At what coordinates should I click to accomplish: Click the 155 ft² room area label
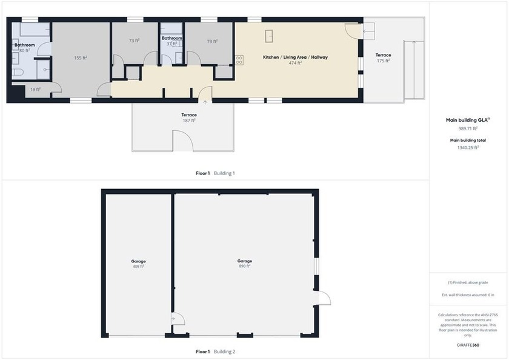coord(81,58)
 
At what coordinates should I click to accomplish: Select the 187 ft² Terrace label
coord(189,118)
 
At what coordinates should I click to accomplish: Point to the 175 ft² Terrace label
coord(383,58)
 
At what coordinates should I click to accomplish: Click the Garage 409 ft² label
coord(138,264)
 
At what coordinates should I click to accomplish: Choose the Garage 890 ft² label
coord(244,263)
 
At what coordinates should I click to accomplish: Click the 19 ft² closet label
coord(35,89)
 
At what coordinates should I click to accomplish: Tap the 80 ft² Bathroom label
coord(25,48)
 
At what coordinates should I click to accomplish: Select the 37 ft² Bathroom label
coord(171,41)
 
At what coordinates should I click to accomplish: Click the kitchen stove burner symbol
coord(239,60)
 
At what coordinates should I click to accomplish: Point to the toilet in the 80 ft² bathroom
coord(18,72)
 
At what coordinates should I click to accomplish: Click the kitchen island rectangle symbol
coord(269,36)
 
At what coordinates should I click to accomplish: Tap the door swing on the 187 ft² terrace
coord(183,141)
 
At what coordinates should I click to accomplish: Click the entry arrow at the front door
coord(205,102)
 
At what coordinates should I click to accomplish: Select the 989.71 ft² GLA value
coord(468,128)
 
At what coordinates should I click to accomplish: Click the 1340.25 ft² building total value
coord(468,147)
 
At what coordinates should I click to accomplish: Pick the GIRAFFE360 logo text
coord(468,345)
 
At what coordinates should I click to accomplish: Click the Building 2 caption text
coord(225,352)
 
